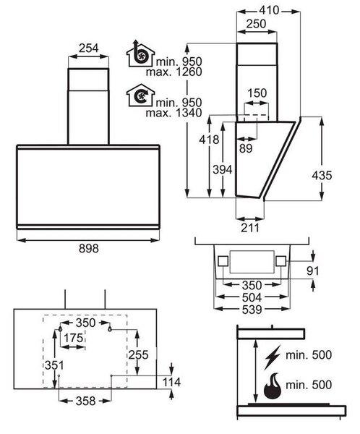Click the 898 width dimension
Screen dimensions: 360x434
click(88, 248)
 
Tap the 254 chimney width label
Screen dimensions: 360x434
click(88, 48)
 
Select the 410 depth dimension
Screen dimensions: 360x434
click(269, 10)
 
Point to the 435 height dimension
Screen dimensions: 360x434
click(322, 175)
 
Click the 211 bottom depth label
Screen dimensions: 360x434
click(250, 228)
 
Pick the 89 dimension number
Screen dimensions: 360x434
click(246, 148)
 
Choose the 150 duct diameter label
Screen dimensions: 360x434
click(257, 93)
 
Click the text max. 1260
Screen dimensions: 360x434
click(173, 72)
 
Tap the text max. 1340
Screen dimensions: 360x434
click(173, 113)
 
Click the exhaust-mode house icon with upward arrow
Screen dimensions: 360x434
click(140, 54)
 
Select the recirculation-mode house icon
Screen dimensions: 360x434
click(140, 95)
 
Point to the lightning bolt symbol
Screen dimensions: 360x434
click(273, 357)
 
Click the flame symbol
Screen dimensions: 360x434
click(273, 386)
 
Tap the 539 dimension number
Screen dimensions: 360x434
click(252, 310)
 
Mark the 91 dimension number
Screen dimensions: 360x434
click(313, 271)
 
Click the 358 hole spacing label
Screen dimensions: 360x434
click(85, 401)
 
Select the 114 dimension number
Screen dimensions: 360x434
click(171, 382)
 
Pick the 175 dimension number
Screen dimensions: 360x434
click(73, 338)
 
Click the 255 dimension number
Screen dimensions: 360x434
click(138, 354)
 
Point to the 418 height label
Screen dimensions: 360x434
click(209, 140)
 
